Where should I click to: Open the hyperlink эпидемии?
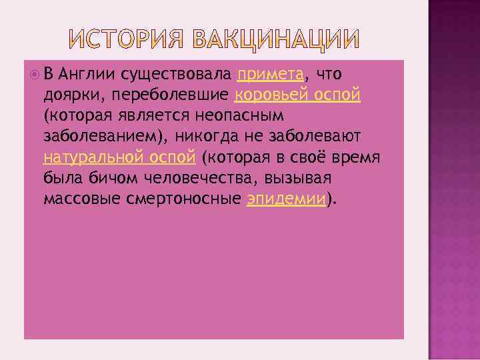tap(287, 199)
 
